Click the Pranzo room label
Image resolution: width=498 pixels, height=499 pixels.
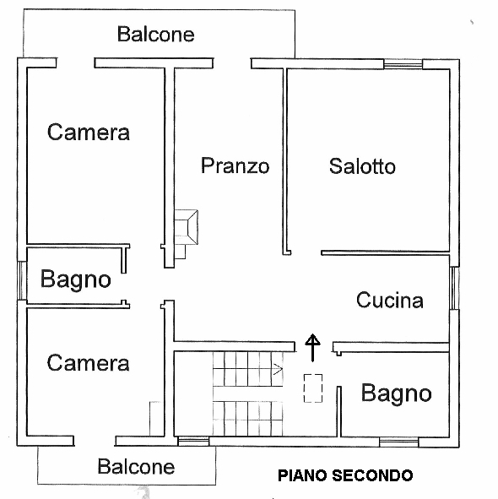235,165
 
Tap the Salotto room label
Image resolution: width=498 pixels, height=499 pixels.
362,165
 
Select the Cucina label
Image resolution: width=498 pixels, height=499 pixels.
390,300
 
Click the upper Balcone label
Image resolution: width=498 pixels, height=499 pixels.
155,34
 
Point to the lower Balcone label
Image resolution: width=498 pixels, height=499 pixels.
136,466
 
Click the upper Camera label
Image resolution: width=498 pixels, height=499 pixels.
89,132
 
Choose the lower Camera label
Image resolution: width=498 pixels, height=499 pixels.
88,362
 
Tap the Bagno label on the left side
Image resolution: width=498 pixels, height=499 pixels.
76,279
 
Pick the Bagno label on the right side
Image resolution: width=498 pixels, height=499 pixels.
397,393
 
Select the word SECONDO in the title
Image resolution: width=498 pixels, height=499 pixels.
372,475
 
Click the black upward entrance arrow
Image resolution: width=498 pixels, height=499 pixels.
313,348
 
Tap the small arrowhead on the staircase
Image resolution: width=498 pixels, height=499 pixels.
278,370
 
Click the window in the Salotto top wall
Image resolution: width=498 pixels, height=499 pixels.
403,64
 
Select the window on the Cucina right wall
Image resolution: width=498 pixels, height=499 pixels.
454,288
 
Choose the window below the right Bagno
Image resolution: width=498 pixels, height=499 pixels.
398,442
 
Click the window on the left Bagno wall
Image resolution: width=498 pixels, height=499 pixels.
22,280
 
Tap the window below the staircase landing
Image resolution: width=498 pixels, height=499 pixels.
193,441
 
